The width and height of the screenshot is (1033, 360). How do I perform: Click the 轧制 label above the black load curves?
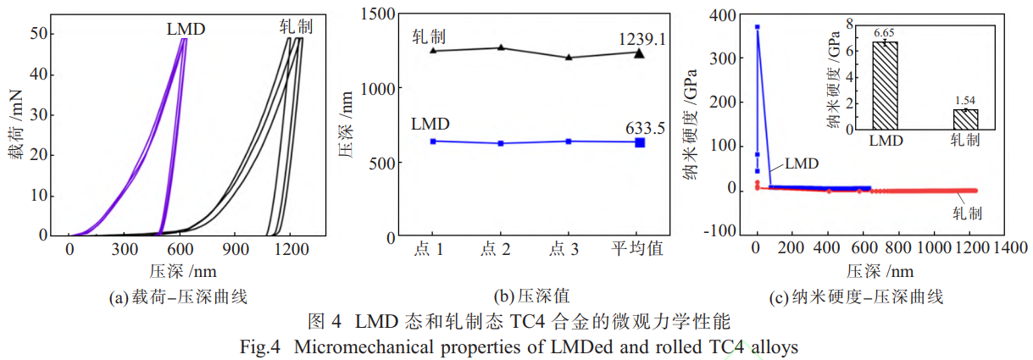coord(295,26)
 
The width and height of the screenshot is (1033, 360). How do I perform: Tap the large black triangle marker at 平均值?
coord(639,53)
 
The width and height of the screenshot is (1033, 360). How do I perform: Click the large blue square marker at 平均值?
coord(639,142)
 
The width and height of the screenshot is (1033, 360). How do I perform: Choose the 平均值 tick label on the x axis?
coord(637,249)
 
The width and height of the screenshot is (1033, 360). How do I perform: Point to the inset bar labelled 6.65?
coord(885,86)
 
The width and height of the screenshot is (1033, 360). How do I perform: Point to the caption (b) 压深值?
coord(530,297)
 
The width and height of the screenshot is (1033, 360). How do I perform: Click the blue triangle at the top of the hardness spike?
coord(757,27)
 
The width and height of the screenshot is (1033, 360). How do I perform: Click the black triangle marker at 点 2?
coord(500,47)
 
